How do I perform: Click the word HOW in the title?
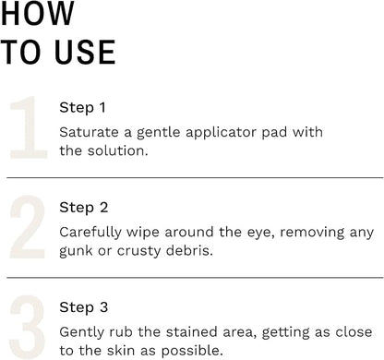pyautogui.click(x=38, y=13)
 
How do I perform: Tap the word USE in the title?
pyautogui.click(x=85, y=52)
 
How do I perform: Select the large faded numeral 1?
pyautogui.click(x=29, y=127)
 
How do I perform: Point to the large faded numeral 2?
pyautogui.click(x=28, y=227)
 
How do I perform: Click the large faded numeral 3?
pyautogui.click(x=28, y=327)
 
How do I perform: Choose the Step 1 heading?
pyautogui.click(x=82, y=108)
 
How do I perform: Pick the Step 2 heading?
pyautogui.click(x=84, y=208)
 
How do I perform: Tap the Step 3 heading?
pyautogui.click(x=84, y=307)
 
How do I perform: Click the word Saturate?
pyautogui.click(x=89, y=133)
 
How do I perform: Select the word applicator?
pyautogui.click(x=222, y=133)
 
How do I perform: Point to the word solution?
pyautogui.click(x=117, y=150)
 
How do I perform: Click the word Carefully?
pyautogui.click(x=90, y=233)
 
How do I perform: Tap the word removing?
pyautogui.click(x=312, y=234)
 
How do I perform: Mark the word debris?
pyautogui.click(x=189, y=250)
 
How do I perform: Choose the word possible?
pyautogui.click(x=192, y=352)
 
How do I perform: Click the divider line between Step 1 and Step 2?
pyautogui.click(x=195, y=177)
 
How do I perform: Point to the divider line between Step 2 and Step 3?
pyautogui.click(x=195, y=278)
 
